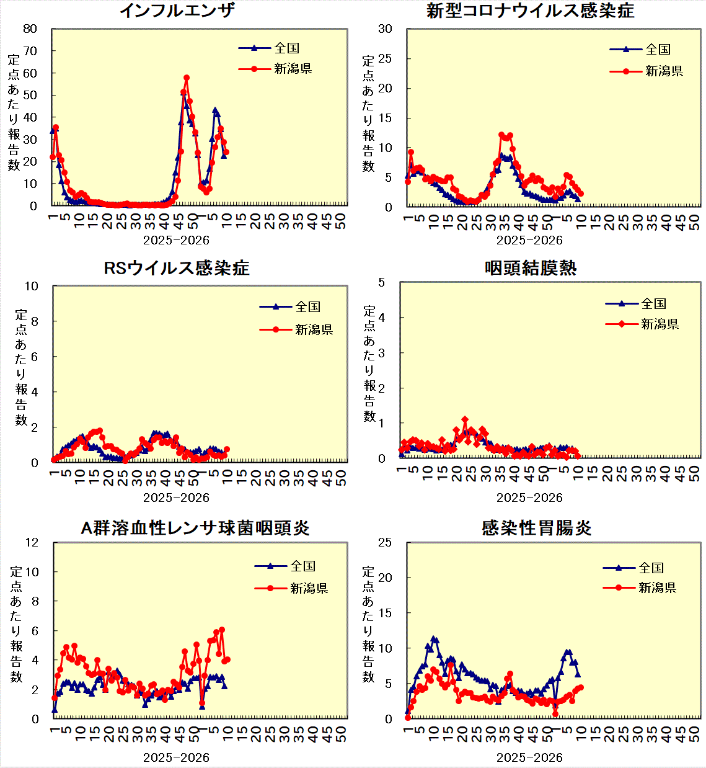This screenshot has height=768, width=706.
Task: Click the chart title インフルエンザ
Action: point(177,11)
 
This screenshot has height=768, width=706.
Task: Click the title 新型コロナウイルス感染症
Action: point(530,11)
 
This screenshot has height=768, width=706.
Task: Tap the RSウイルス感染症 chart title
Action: point(177,268)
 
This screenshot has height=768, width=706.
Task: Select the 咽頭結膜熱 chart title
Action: point(530,268)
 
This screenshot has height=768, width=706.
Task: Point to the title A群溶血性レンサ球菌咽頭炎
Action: point(195,528)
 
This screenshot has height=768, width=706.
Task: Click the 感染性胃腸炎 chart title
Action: point(536,528)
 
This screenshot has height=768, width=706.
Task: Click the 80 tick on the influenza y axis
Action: point(30,29)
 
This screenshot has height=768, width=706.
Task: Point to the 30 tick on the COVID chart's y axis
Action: point(385,29)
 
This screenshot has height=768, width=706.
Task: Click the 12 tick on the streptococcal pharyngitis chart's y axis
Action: point(31,543)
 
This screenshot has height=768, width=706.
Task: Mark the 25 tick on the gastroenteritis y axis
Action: point(385,543)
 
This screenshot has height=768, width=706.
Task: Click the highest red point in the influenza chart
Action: point(187,78)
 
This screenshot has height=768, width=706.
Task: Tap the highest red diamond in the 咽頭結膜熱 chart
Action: point(465,420)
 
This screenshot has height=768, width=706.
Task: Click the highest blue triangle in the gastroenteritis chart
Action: point(434,639)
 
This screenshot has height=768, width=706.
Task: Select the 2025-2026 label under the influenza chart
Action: point(176,240)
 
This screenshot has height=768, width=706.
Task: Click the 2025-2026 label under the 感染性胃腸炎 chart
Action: point(529,757)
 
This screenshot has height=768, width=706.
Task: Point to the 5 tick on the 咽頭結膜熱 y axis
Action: point(381,283)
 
